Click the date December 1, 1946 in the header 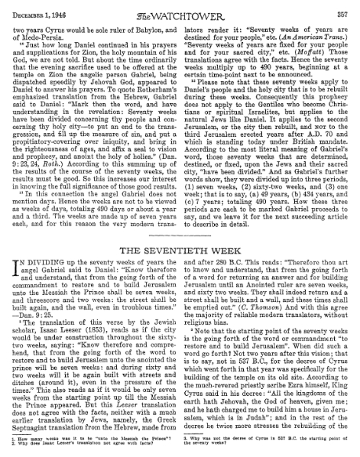pyautogui.click(x=39, y=7)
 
